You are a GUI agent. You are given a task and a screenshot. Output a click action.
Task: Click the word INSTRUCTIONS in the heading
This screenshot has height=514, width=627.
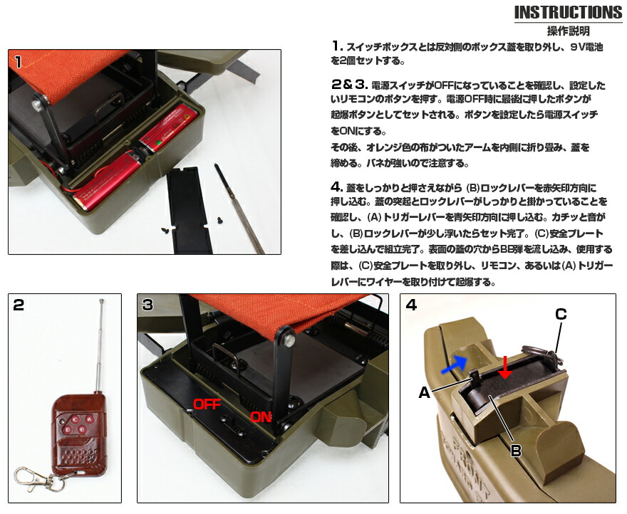(x=567, y=13)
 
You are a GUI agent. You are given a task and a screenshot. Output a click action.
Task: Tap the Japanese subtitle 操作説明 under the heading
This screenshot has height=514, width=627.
(x=568, y=31)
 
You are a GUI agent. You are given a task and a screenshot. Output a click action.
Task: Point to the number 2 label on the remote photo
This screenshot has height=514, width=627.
(x=19, y=305)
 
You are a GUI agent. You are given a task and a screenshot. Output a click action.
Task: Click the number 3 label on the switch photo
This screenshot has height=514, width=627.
(x=147, y=305)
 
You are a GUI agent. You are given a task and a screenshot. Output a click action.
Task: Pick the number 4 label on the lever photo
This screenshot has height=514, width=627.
(x=411, y=305)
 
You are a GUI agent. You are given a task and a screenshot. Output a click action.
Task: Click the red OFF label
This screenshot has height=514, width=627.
(x=207, y=404)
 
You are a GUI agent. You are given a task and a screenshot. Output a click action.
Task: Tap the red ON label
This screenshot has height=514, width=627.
(x=261, y=417)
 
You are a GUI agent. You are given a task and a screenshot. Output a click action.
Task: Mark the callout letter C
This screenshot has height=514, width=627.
(x=560, y=313)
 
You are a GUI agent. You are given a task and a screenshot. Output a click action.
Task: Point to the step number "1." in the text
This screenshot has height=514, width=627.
(x=338, y=46)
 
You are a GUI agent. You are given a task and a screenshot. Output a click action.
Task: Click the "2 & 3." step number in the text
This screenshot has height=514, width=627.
(x=349, y=84)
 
